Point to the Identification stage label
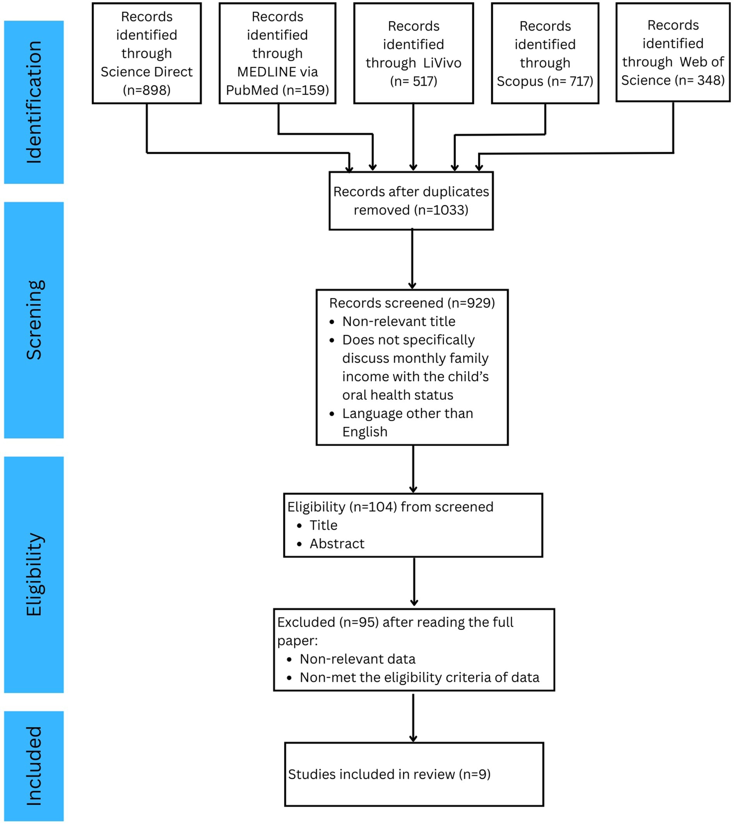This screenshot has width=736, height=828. coord(34,102)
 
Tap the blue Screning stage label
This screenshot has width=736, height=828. coord(34,320)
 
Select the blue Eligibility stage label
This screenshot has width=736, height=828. coord(34,575)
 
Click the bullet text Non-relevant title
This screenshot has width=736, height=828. coord(399,321)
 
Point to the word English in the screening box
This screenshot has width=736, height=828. coord(365,432)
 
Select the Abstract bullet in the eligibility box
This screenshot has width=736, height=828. coord(337,544)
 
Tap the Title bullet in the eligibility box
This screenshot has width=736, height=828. coord(323,525)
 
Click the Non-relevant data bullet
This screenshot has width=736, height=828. coord(358,659)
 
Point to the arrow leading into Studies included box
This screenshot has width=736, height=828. coord(413,718)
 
